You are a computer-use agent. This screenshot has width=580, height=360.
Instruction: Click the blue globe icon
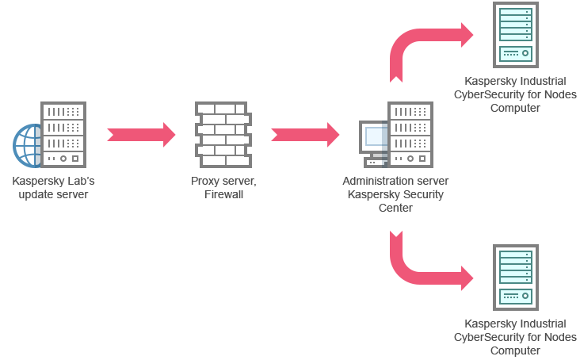pos(26,146)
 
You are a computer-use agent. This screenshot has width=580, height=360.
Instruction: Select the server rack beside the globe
pos(63,135)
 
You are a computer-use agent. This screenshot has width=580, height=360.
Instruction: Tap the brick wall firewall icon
pos(223,134)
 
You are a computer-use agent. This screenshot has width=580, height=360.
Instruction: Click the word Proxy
pos(205,181)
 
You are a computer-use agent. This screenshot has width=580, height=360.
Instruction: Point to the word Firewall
pos(223,193)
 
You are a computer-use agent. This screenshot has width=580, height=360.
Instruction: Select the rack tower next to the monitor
pos(410,134)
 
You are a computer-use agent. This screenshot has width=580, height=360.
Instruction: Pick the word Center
pos(395,207)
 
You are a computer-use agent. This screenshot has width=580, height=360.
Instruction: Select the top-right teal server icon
pos(515,34)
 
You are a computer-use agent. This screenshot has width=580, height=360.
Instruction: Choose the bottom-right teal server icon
pos(515,277)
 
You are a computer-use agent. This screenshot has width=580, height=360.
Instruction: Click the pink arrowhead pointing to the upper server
pos(469,34)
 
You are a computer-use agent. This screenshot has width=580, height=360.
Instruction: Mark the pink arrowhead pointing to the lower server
pos(469,278)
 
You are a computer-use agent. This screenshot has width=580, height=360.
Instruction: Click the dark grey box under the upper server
pos(516,95)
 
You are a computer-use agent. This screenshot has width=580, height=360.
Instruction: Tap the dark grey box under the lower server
pos(516,338)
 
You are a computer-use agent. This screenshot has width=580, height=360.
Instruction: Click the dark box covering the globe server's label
pos(53,189)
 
